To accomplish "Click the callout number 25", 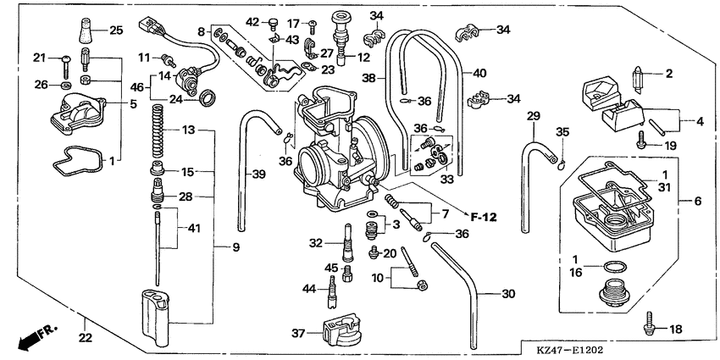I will tap(116, 30).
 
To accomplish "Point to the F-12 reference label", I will tap(483, 218).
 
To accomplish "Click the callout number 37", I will tap(298, 334).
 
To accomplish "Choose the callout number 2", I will tap(668, 74).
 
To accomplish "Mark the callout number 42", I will tap(252, 21).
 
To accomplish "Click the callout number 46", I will tap(136, 86).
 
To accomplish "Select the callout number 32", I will tap(315, 243).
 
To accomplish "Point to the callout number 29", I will tap(533, 114).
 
